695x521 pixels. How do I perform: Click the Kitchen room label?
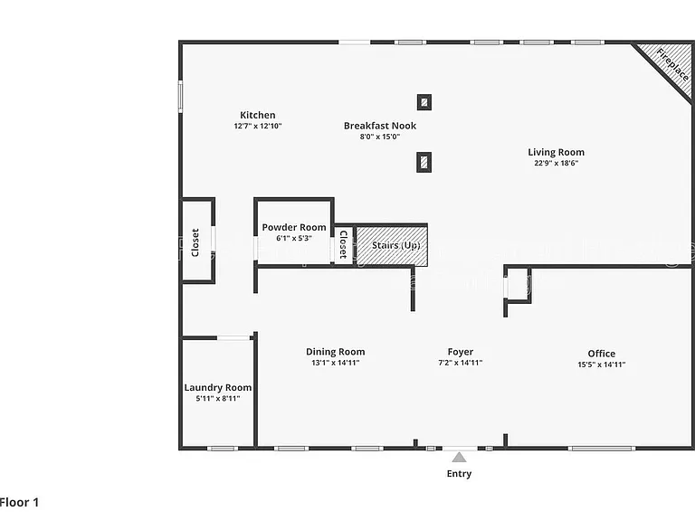click(258, 115)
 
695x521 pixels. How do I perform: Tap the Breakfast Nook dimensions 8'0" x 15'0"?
click(380, 137)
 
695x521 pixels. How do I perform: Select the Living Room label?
click(556, 152)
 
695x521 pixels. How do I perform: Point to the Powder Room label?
click(294, 227)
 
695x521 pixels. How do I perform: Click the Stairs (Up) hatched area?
click(392, 246)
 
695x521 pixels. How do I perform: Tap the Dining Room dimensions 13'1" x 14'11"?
click(335, 363)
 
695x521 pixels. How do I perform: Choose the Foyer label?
click(460, 352)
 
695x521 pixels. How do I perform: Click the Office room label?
click(602, 354)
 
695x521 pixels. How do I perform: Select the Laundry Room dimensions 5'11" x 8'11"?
click(217, 399)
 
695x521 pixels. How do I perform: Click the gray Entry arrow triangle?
click(459, 457)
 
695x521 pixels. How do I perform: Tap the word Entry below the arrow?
click(459, 474)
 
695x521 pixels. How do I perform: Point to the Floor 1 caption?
click(20, 502)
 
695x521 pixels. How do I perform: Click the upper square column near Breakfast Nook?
click(424, 102)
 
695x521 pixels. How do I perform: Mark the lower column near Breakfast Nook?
click(424, 162)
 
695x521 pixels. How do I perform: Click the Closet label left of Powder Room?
click(195, 242)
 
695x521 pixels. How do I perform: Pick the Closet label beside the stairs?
click(343, 244)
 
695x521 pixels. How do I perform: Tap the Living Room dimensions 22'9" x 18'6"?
click(556, 163)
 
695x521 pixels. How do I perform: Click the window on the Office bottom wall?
click(602, 449)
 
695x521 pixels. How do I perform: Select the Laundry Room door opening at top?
click(233, 338)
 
